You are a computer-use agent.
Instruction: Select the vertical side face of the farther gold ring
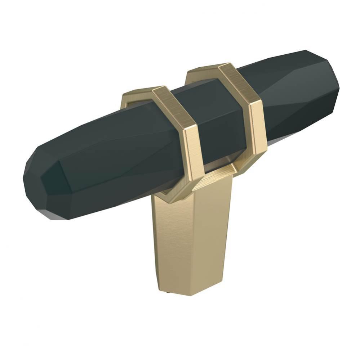tap(258, 126)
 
